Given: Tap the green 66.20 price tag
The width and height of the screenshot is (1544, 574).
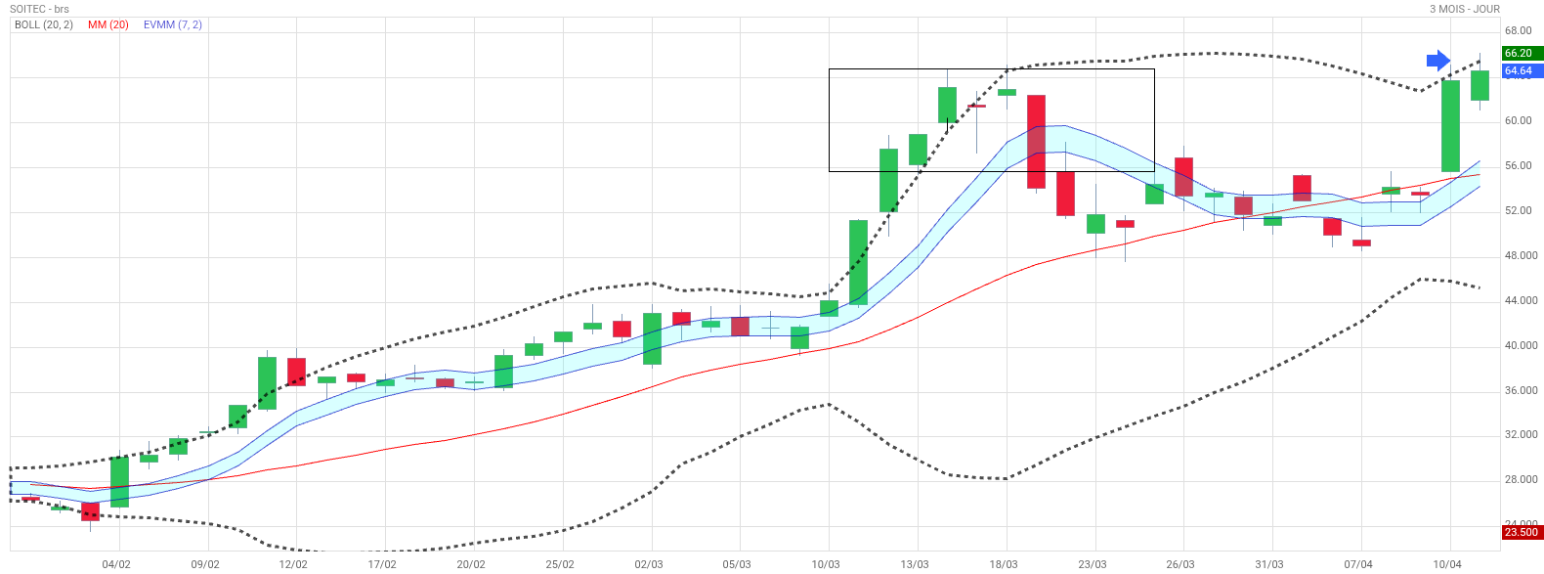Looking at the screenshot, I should click(x=1520, y=54).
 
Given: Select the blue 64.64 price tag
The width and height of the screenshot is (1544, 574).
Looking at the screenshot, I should click(x=1520, y=71).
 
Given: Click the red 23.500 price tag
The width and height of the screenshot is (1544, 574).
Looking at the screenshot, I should click(x=1521, y=532).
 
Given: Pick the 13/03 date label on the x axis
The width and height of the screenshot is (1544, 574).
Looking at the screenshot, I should click(x=915, y=564).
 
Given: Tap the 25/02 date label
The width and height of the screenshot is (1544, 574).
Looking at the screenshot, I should click(x=560, y=564).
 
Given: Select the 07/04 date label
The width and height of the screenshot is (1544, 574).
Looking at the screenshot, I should click(x=1358, y=564).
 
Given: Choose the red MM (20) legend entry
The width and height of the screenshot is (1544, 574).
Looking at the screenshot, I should click(x=108, y=24).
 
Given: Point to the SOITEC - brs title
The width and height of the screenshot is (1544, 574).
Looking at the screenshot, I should click(x=40, y=9).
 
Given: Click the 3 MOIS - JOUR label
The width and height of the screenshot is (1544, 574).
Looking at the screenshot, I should click(x=1464, y=9).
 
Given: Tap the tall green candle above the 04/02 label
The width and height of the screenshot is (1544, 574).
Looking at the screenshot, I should click(x=119, y=481).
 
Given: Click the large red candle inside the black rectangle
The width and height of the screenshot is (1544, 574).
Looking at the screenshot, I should click(x=1036, y=141).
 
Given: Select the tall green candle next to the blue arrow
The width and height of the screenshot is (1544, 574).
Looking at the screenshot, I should click(x=1450, y=125).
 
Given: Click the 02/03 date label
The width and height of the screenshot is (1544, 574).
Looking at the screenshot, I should click(x=649, y=564).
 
